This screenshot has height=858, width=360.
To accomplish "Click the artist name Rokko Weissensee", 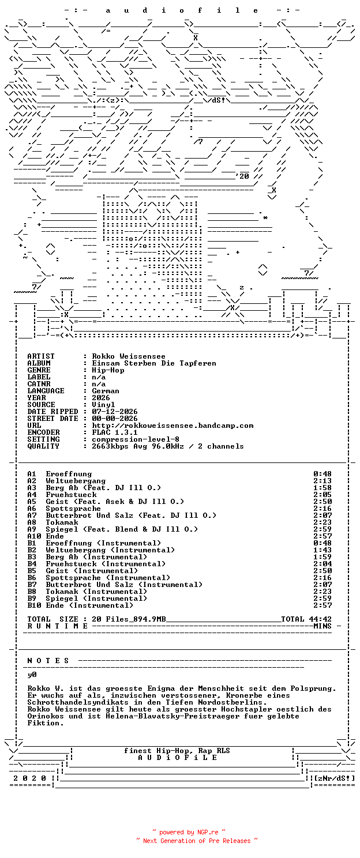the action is pyautogui.click(x=129, y=356).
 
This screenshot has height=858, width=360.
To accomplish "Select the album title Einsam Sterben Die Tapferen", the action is pyautogui.click(x=153, y=363).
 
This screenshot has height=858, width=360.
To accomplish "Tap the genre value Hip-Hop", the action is pyautogui.click(x=108, y=370).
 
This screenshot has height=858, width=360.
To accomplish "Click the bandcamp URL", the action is pyautogui.click(x=172, y=426).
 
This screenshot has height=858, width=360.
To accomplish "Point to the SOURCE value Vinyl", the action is pyautogui.click(x=103, y=404).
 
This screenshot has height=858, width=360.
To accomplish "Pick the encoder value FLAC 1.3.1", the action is pyautogui.click(x=115, y=432).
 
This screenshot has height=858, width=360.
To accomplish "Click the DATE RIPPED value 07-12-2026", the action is pyautogui.click(x=115, y=412).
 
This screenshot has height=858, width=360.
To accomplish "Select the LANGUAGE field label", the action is pyautogui.click(x=46, y=391).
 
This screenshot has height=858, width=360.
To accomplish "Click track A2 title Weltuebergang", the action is pyautogui.click(x=76, y=481).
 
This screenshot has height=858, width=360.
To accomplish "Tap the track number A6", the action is pyautogui.click(x=32, y=509).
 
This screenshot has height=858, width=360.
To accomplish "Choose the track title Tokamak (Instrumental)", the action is pyautogui.click(x=96, y=592).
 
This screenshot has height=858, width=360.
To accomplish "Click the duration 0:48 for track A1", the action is pyautogui.click(x=322, y=474).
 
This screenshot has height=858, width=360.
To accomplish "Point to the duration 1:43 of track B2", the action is pyautogui.click(x=322, y=550).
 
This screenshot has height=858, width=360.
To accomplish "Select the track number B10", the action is pyautogui.click(x=34, y=605).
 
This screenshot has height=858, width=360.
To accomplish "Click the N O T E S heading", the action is pyautogui.click(x=48, y=661).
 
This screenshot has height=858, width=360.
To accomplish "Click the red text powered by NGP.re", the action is pyautogui.click(x=189, y=832).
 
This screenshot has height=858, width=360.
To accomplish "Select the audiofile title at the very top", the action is pyautogui.click(x=182, y=10).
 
